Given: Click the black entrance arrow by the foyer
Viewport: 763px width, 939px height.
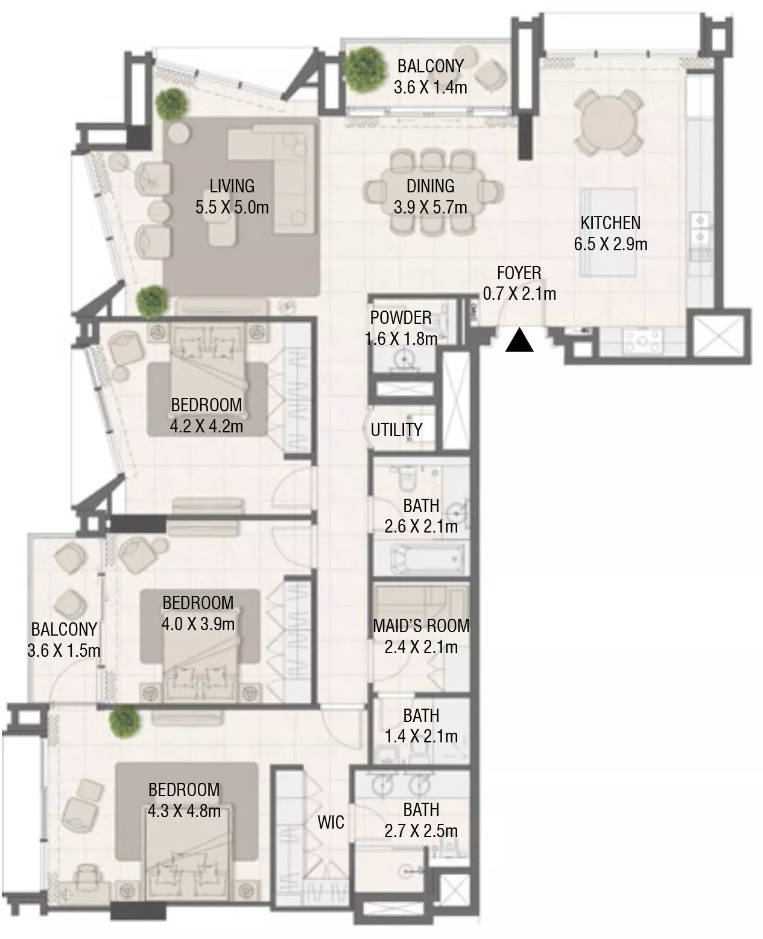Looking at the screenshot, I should (519, 341).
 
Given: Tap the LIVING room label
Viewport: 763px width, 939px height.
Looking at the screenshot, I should (232, 186).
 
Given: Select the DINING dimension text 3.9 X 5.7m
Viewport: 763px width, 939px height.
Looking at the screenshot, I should (430, 207).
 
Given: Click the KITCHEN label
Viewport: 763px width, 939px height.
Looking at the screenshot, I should (610, 223).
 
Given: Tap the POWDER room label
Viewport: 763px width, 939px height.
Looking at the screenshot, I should (400, 317).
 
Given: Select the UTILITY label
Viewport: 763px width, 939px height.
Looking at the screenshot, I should (396, 429).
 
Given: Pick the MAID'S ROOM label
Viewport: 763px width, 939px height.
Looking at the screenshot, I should (421, 625).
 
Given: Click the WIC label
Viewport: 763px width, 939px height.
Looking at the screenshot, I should (331, 821).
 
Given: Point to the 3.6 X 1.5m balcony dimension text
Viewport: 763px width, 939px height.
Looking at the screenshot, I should (63, 651).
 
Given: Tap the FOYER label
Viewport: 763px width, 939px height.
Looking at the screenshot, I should (519, 273).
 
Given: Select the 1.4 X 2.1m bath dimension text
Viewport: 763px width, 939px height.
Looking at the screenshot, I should (421, 736).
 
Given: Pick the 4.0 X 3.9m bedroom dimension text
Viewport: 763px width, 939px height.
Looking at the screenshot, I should (198, 624).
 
